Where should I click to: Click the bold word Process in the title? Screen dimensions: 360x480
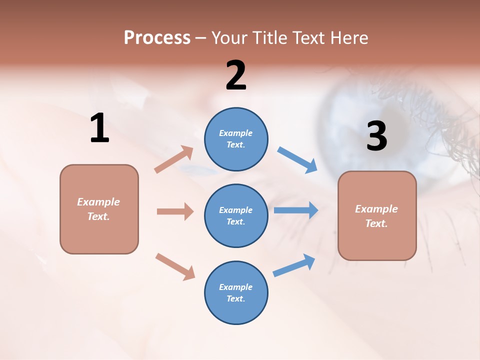(x=157, y=38)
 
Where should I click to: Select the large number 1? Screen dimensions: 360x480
(x=99, y=128)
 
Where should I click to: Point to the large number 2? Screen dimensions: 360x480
(x=236, y=75)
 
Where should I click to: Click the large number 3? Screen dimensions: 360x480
(x=376, y=136)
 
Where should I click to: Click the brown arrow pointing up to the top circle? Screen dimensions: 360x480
(x=174, y=159)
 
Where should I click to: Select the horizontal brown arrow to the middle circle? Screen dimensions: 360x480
(x=175, y=211)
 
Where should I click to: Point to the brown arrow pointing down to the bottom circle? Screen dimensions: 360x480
(x=175, y=266)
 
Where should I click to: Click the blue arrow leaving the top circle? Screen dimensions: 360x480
(x=297, y=160)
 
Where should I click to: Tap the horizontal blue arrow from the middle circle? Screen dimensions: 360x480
(x=295, y=210)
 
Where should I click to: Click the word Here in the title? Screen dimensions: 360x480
(x=350, y=38)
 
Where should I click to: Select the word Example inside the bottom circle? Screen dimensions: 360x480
(x=236, y=287)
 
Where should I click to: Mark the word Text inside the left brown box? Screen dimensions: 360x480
(x=98, y=216)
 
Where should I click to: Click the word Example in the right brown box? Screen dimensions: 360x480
(x=376, y=209)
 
